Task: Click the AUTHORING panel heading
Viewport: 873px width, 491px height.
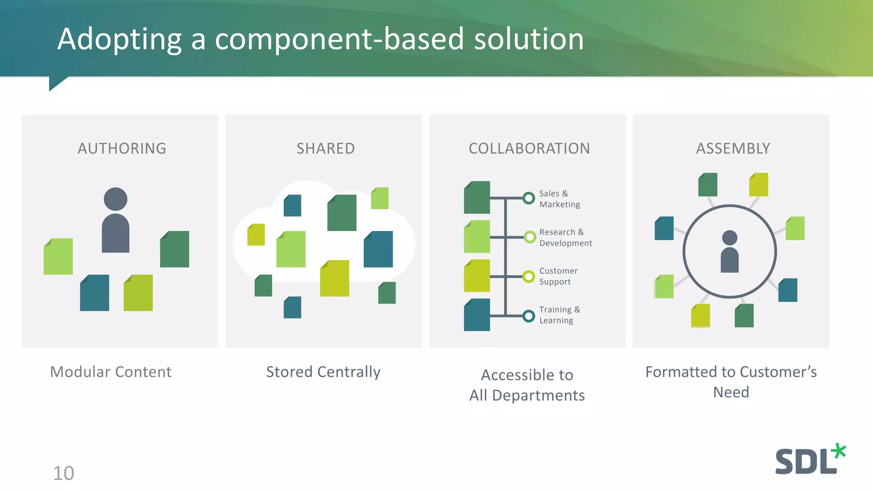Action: coord(122,148)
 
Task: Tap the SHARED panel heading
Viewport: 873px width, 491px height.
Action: coord(326,148)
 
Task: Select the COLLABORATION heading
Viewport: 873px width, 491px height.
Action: coord(529,148)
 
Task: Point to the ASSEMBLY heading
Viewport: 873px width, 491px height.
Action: coord(733,148)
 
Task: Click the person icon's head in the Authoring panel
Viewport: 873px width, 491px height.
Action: coord(116,199)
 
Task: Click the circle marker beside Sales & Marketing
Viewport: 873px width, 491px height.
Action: coord(529,198)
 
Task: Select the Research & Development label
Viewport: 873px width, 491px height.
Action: coord(565,237)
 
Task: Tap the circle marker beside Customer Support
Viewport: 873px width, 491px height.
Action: coord(529,277)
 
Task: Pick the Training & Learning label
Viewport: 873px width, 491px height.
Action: coord(559,315)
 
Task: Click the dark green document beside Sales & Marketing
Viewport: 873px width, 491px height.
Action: coord(477,198)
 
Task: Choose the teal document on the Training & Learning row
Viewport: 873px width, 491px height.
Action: coord(477,315)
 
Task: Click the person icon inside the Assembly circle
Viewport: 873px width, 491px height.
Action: coord(729,251)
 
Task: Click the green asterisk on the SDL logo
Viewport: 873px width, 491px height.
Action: coord(838,451)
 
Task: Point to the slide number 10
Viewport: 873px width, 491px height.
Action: coord(64,473)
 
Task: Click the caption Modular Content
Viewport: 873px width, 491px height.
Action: coord(111,372)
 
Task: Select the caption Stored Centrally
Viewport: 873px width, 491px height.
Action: coord(323,372)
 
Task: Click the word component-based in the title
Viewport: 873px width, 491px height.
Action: coord(339,39)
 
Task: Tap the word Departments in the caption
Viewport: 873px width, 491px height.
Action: coord(538,396)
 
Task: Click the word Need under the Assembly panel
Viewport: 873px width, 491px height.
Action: coord(731,392)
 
